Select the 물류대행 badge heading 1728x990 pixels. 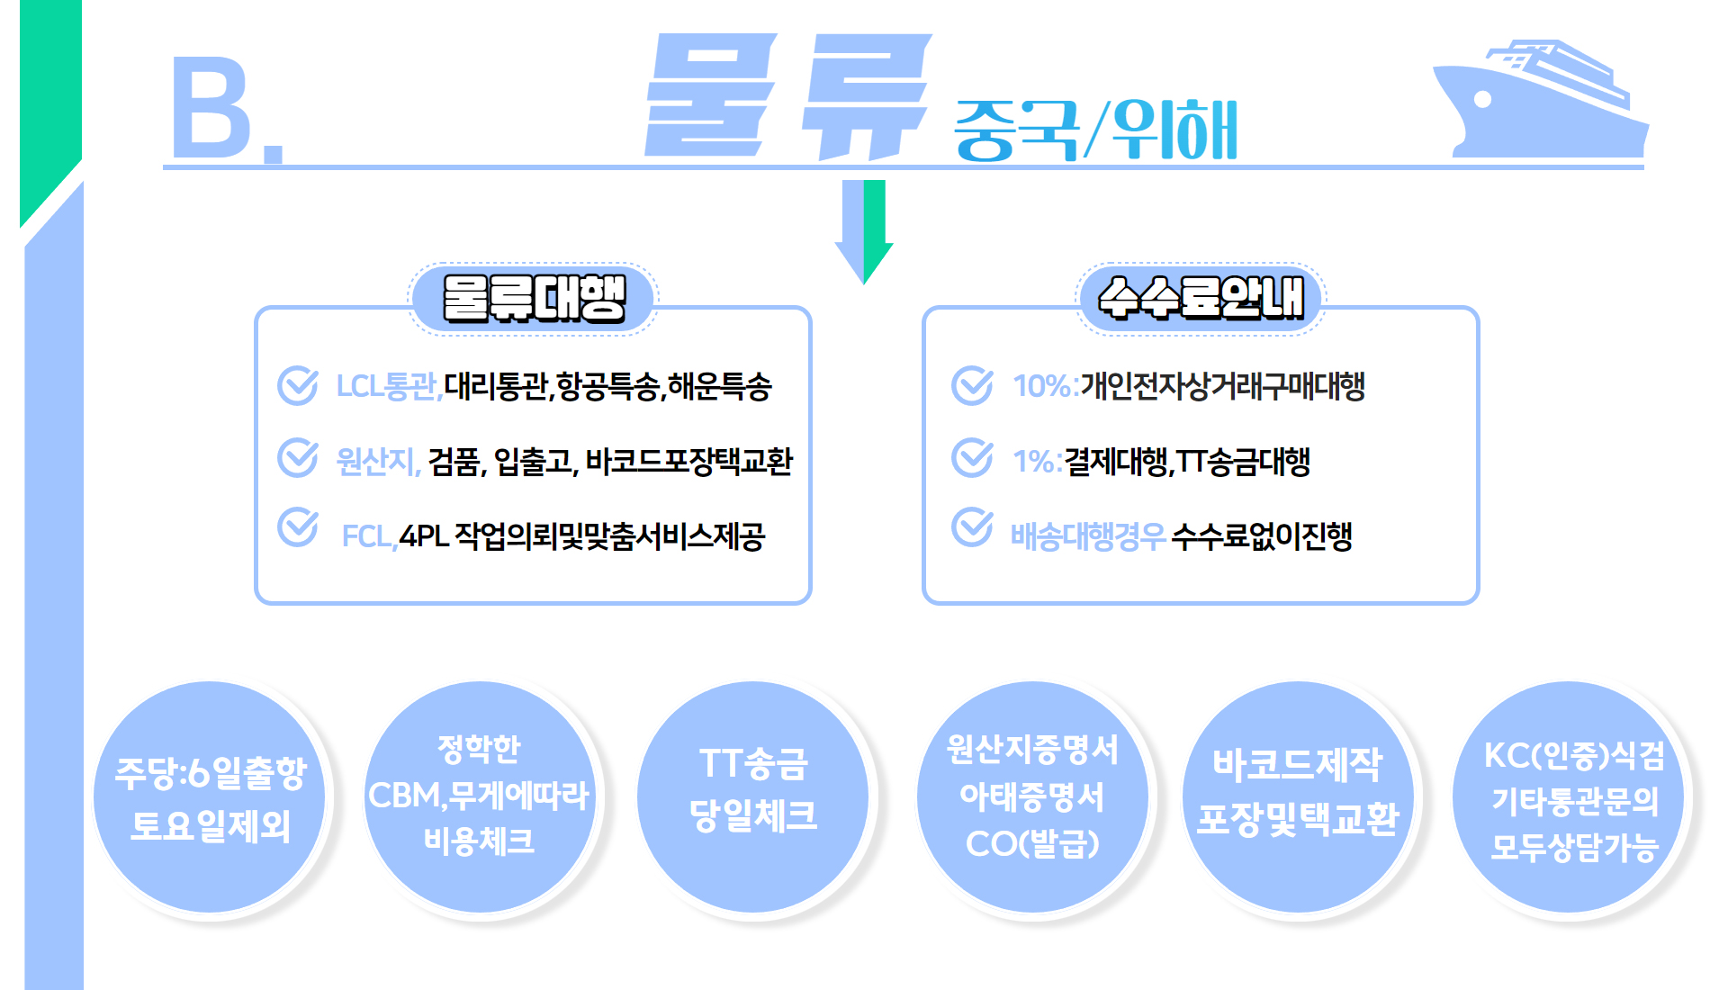[534, 299]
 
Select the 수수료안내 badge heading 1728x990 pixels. [1201, 299]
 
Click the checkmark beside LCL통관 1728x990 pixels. [298, 385]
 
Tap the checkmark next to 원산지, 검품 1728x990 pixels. [298, 458]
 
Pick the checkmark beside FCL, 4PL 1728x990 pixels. [298, 527]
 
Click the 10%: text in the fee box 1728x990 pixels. [1045, 386]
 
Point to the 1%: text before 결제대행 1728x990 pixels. [1037, 462]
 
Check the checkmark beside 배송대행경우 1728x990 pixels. [973, 527]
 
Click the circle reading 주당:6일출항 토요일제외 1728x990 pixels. [210, 797]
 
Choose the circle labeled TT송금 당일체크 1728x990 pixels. [753, 797]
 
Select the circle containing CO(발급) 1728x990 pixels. [1032, 797]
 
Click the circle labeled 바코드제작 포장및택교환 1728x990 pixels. [1298, 797]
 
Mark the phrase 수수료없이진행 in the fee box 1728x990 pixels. [1262, 536]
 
